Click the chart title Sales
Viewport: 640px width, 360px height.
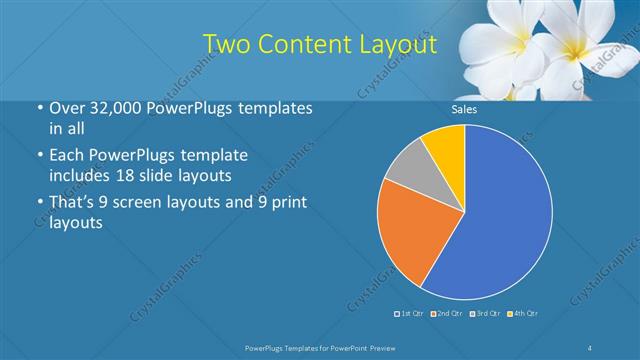(464, 109)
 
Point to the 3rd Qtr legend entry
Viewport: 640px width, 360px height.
(485, 314)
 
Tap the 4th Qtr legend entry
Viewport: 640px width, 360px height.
(523, 314)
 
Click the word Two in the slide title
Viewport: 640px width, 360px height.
(226, 44)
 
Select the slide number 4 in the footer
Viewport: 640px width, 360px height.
(591, 347)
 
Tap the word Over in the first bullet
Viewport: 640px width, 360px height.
(66, 107)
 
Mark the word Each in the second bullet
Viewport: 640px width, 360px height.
(66, 156)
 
